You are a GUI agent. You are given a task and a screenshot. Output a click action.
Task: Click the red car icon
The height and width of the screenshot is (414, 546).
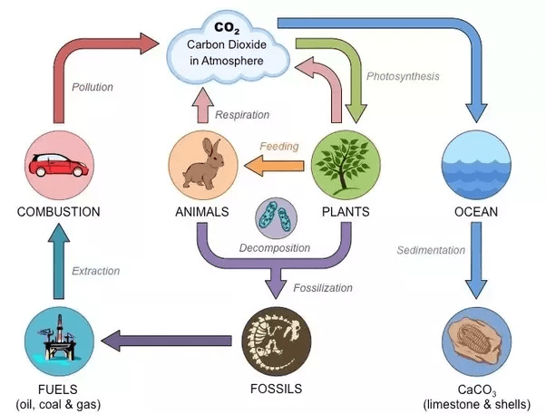(59, 165)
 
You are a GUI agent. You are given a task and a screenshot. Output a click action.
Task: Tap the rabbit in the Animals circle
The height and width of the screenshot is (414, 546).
(204, 163)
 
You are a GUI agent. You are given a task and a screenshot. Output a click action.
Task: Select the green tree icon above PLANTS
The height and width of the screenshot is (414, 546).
(345, 165)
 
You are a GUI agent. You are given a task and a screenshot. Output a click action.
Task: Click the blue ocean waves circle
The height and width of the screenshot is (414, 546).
(476, 165)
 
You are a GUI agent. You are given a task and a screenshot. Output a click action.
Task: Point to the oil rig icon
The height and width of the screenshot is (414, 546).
(58, 338)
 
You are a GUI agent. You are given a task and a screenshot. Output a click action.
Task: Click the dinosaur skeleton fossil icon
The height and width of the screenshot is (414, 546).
(276, 342)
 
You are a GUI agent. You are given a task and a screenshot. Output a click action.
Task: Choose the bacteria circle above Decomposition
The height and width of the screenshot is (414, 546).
(276, 218)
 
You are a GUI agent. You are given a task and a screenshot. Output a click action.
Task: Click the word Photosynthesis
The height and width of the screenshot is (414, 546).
(403, 76)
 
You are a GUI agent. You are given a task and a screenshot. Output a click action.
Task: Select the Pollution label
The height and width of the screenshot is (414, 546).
(93, 87)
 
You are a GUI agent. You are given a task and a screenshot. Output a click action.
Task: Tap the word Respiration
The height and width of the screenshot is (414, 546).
(242, 115)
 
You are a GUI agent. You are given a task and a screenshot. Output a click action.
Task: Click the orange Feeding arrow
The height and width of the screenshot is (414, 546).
(274, 166)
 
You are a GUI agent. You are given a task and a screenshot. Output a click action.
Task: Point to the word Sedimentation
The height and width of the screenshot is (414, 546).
(431, 250)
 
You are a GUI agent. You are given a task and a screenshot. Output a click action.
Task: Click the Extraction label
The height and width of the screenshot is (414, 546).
(95, 271)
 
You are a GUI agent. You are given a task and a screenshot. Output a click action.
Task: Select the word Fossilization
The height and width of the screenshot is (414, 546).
(323, 288)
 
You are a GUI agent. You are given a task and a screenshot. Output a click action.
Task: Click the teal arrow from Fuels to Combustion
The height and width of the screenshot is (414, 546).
(58, 261)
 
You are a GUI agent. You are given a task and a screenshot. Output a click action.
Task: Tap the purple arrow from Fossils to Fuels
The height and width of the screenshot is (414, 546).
(167, 341)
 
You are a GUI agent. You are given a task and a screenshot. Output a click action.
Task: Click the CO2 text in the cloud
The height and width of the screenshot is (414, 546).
(227, 28)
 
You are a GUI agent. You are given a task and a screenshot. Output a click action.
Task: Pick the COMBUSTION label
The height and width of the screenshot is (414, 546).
(58, 212)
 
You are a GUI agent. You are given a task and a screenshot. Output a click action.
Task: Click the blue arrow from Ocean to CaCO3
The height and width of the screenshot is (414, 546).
(476, 260)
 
